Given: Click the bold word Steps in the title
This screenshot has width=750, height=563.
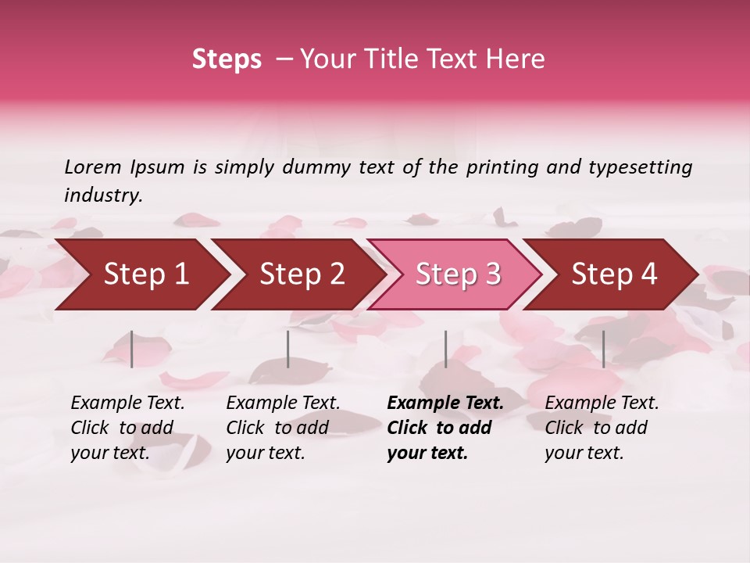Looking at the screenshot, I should (227, 59).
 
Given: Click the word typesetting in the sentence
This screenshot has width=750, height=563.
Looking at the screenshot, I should (640, 167).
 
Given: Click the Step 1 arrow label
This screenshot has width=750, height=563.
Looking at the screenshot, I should (146, 274).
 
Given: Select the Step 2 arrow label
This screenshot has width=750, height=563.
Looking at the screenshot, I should (302, 274).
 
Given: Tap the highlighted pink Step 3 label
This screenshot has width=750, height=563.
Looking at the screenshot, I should (459, 274).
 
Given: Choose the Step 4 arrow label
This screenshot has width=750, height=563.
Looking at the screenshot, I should (614, 274).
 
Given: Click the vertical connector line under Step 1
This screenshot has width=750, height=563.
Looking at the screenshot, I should (132, 349).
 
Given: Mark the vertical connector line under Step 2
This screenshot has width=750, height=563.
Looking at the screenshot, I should (288, 349).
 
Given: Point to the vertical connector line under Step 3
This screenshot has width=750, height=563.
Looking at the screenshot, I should (445, 349).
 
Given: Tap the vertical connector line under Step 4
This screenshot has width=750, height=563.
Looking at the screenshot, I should (603, 349).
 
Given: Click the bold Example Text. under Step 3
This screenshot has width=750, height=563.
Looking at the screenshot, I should (445, 403).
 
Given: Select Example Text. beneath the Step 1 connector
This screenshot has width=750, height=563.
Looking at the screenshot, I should (127, 403).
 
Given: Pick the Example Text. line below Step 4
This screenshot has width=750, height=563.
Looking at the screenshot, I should (602, 403).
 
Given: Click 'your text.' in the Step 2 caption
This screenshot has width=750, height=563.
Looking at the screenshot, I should (265, 453).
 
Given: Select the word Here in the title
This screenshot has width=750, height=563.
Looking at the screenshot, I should (520, 59).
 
